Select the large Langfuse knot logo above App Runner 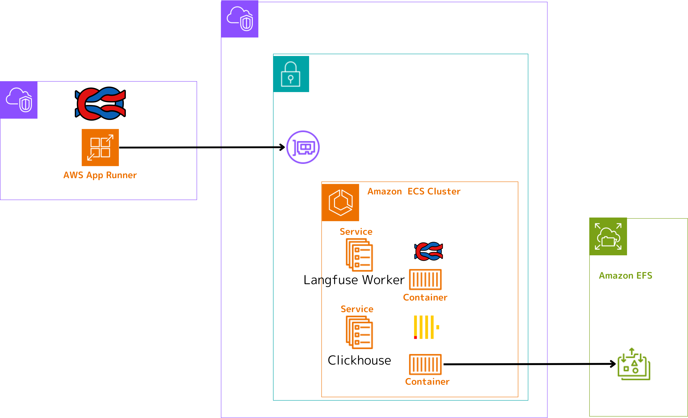click(100, 103)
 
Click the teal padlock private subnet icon click(291, 74)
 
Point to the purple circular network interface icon click(303, 147)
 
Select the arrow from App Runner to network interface click(201, 147)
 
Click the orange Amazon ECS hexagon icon click(340, 202)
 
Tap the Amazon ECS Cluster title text click(414, 192)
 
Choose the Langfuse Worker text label click(354, 280)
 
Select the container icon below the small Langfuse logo click(425, 279)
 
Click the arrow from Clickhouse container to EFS click(528, 364)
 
